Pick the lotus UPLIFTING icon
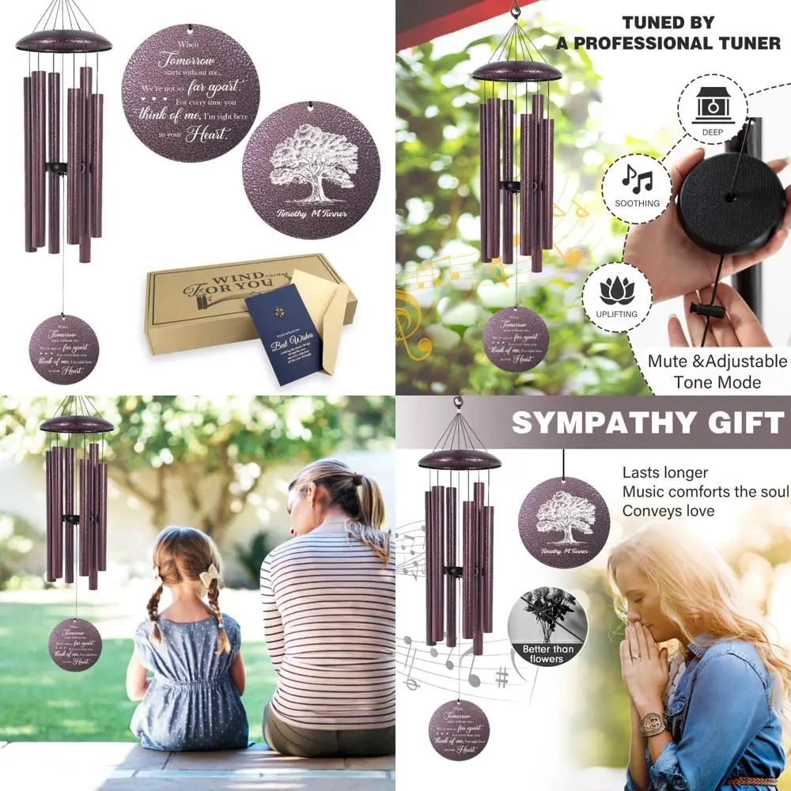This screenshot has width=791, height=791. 618,297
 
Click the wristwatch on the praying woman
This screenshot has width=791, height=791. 653,722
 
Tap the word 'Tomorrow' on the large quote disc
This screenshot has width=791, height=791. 187,59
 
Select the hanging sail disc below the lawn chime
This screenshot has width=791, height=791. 75,645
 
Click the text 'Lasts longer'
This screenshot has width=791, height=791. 664,472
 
